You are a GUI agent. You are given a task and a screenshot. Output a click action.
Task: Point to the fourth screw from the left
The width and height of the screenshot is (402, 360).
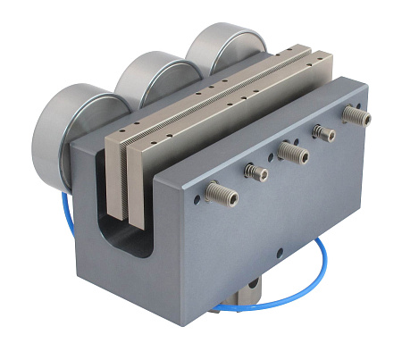[x=322, y=133]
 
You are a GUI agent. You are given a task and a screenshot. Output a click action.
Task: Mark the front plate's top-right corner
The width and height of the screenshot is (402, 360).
[x=365, y=86]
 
